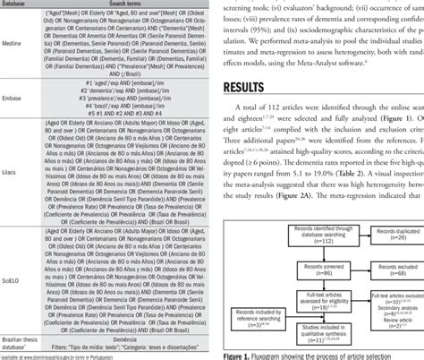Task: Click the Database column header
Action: tap(24, 4)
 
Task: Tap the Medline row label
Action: tap(24, 52)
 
